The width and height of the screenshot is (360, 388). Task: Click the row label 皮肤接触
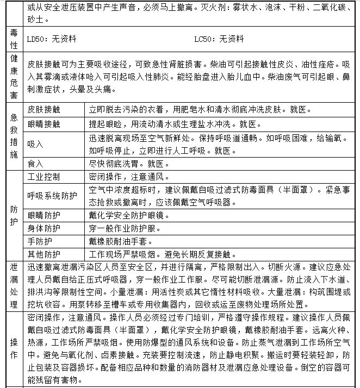coord(44,109)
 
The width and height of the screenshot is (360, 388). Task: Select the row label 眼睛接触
coord(44,124)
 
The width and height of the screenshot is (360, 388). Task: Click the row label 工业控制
coord(44,177)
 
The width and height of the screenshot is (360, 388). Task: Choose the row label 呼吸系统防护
coord(52,196)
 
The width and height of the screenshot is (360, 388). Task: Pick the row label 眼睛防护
coord(44,215)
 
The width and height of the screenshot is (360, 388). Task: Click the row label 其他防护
coord(44,254)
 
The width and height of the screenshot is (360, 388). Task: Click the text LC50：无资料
coord(219,39)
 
